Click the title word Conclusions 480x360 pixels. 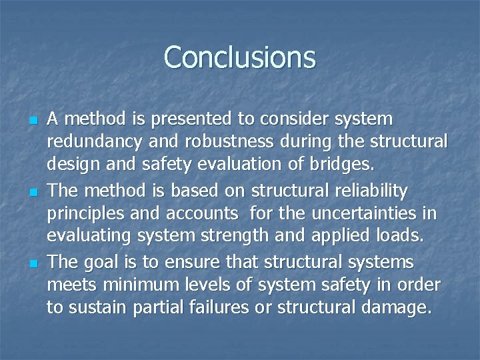coord(239,57)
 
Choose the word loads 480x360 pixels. coord(401,236)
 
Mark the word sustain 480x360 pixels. coord(92,307)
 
